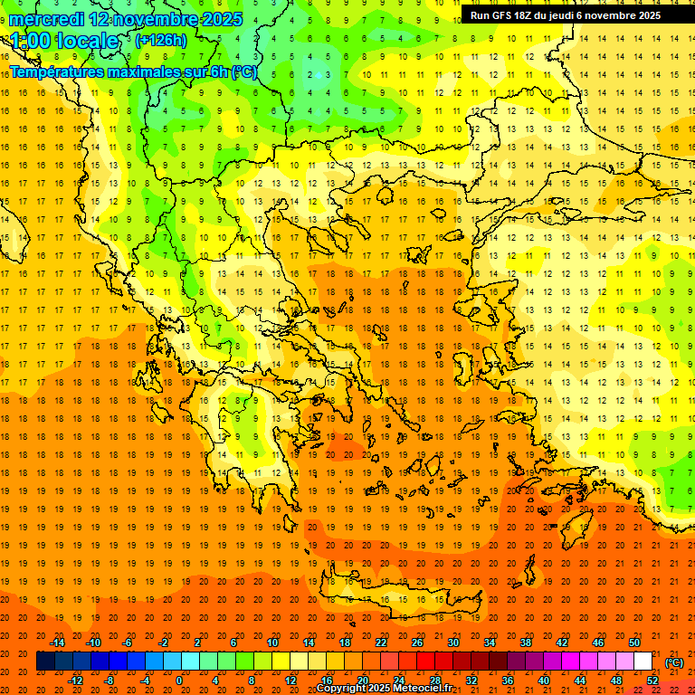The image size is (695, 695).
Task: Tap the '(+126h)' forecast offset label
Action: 160,40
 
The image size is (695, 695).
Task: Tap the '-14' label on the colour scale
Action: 57,643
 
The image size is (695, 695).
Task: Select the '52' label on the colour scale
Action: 652,681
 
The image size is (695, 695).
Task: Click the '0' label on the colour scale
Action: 179,681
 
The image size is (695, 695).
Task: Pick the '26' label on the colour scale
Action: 417,643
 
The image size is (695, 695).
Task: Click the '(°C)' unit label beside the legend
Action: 674,662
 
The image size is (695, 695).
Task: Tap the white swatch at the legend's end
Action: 643,662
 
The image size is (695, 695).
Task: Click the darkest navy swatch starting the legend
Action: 45,662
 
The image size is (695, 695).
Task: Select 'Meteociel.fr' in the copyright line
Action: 421,689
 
